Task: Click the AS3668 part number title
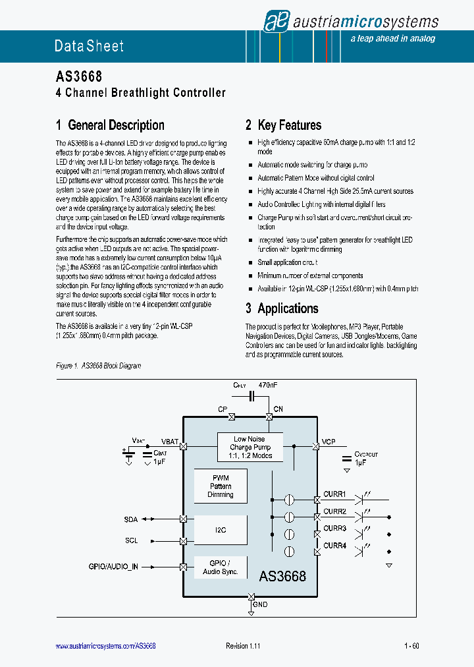tap(78, 77)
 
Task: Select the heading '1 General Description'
tap(110, 125)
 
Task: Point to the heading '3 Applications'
tap(282, 308)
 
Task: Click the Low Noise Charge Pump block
tap(250, 448)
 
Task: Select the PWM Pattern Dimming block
tap(221, 486)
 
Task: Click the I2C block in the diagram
tap(221, 530)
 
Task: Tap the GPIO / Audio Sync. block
tap(221, 567)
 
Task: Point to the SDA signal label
tap(131, 519)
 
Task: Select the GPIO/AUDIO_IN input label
tap(113, 567)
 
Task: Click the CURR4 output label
tap(334, 545)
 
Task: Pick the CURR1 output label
tap(334, 494)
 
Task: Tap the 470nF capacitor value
tap(269, 384)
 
